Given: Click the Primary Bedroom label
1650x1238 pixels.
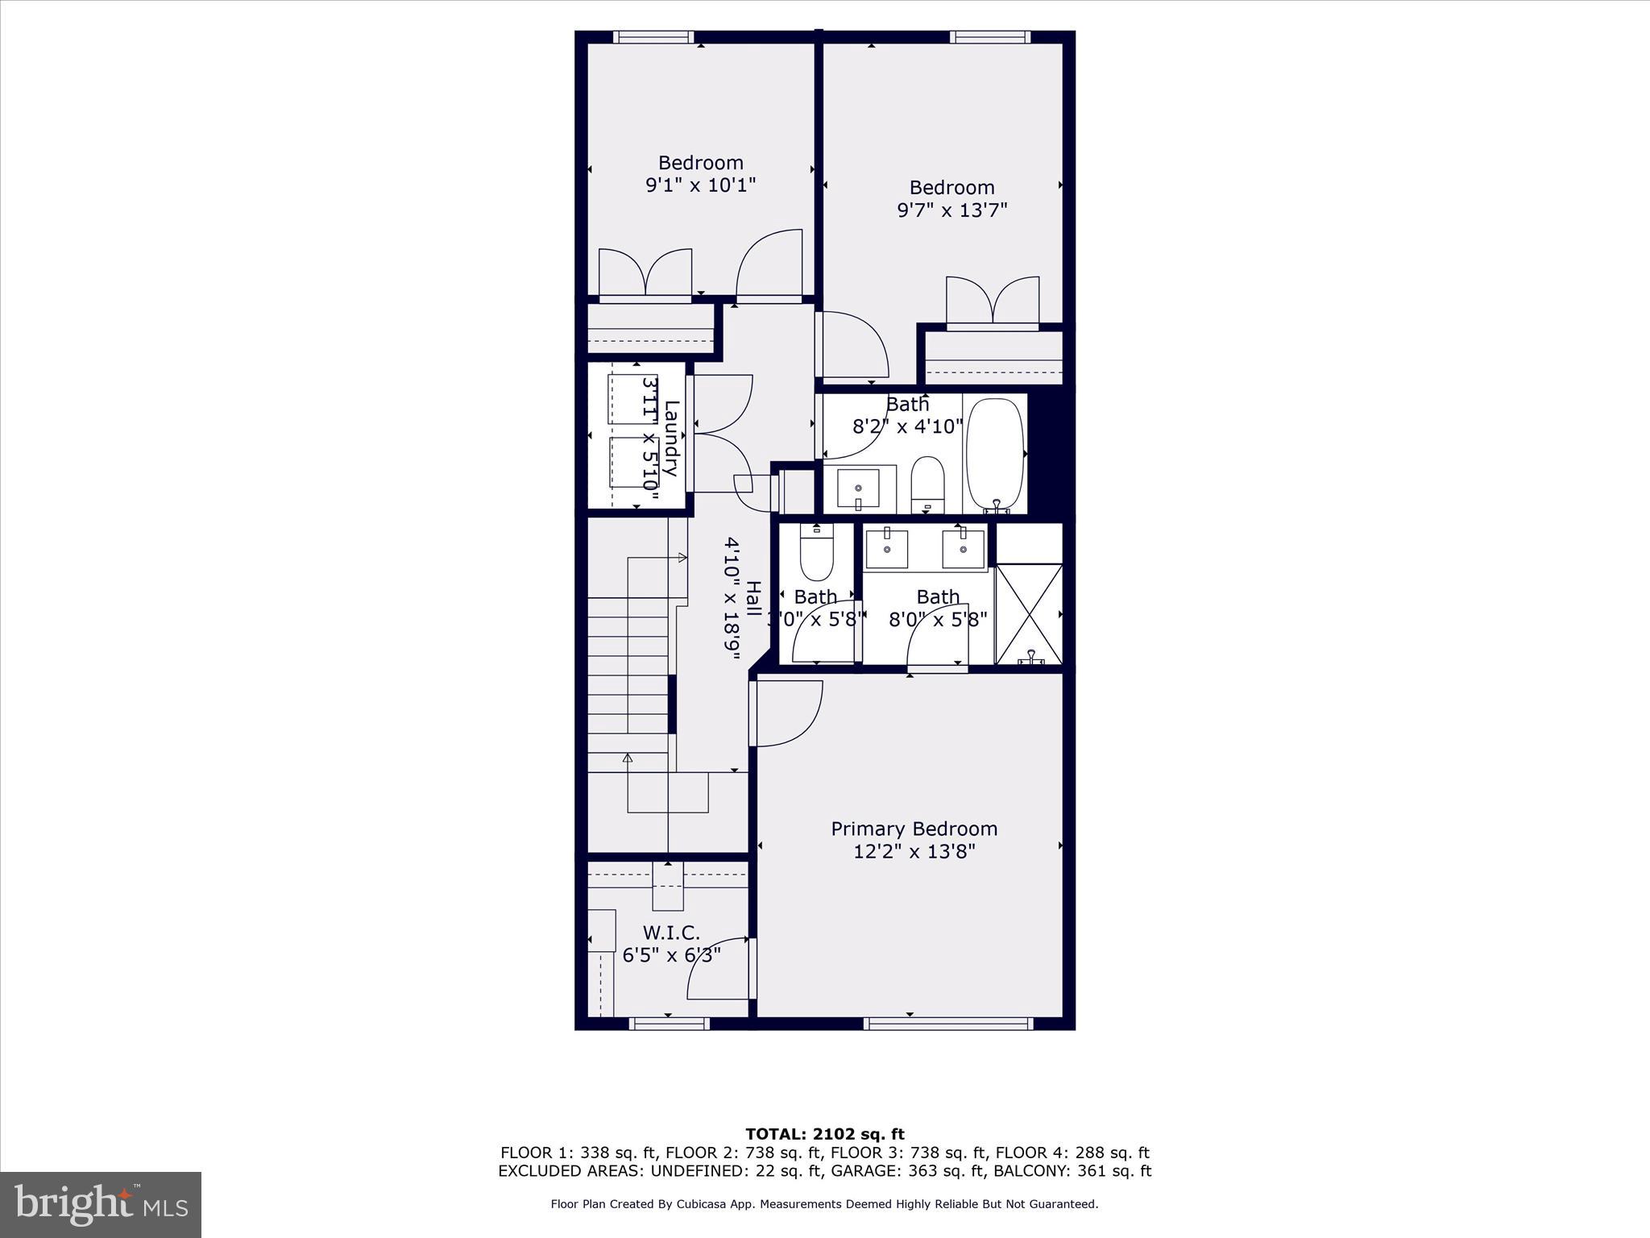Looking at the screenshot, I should (x=914, y=829).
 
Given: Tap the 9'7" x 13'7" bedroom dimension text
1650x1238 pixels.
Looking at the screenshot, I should (x=952, y=210).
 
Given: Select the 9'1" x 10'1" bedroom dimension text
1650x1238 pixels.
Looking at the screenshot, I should (x=700, y=185).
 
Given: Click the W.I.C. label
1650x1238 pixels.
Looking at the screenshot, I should (x=670, y=933).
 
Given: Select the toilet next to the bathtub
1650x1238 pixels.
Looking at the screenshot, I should (x=927, y=482).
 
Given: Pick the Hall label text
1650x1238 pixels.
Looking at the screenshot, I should (x=752, y=599).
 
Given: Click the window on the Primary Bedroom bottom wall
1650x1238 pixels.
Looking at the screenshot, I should (x=947, y=1024).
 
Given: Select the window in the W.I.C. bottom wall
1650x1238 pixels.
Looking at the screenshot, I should (x=669, y=1024).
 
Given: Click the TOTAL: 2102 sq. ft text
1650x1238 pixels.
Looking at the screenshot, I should (x=824, y=1134).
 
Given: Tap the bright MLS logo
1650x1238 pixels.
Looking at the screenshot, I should (x=101, y=1204).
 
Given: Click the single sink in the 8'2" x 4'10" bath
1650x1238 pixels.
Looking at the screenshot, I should (x=858, y=488).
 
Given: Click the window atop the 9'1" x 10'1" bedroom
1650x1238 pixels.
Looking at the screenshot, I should (x=653, y=37).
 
